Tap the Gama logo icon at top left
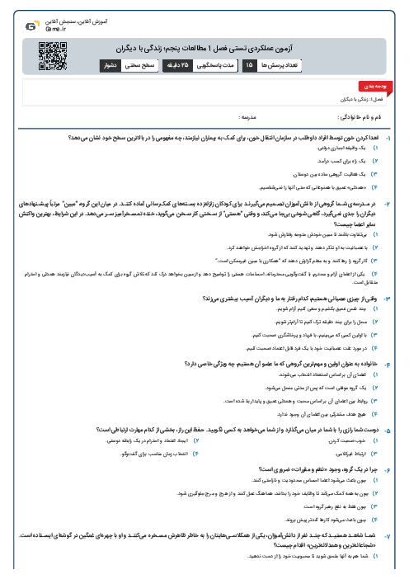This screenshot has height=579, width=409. tap(30, 25)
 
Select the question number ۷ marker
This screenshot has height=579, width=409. tap(398, 537)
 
